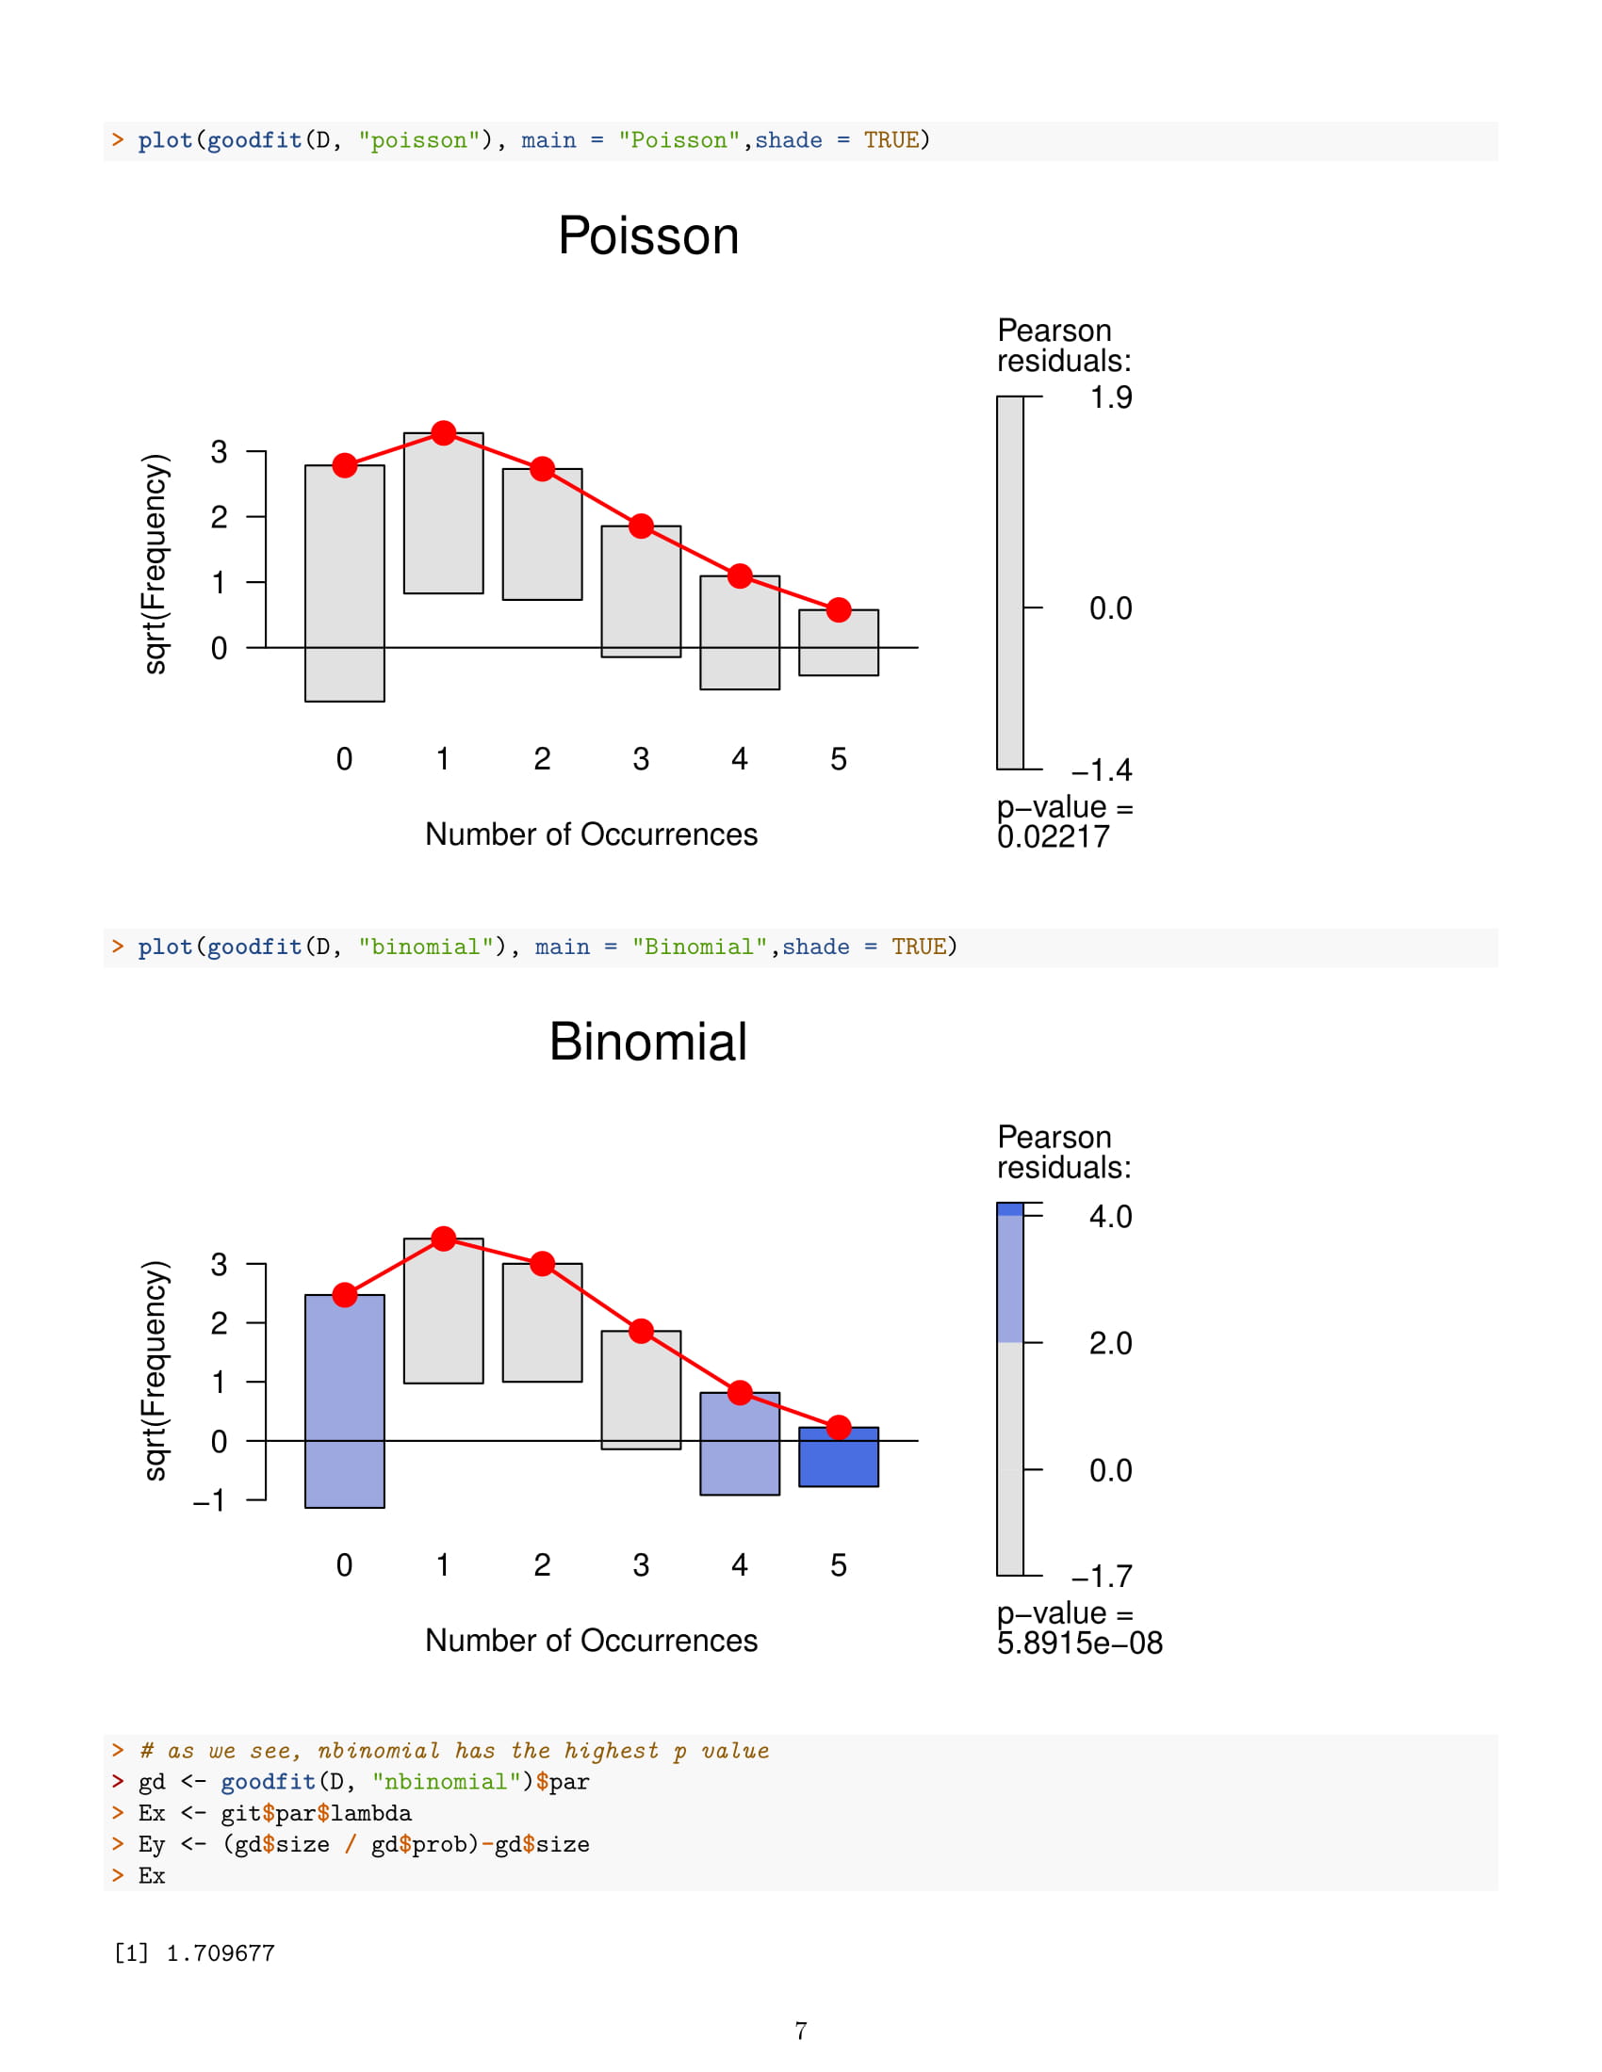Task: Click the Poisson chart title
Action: [648, 235]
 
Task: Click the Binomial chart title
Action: [648, 1042]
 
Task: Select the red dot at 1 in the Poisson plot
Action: [443, 433]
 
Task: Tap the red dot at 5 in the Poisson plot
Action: [838, 610]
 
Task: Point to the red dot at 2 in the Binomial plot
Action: [542, 1264]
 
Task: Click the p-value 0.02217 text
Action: [1053, 836]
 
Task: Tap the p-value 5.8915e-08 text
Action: [1079, 1643]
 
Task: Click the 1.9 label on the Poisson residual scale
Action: [1110, 397]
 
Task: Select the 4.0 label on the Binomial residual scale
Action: [1110, 1216]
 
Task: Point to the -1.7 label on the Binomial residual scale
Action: [1102, 1577]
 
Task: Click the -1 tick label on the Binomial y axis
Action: [209, 1501]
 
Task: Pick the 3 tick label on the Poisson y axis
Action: [220, 451]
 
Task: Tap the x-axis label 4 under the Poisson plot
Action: [740, 759]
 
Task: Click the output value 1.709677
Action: [221, 1953]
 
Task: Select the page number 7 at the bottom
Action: [801, 2032]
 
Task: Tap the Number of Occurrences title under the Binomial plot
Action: [591, 1641]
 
